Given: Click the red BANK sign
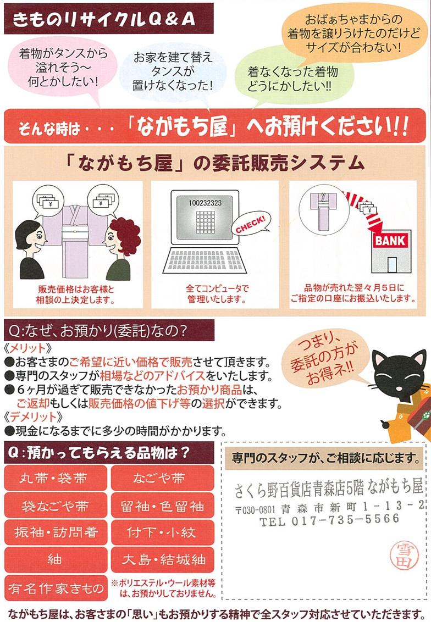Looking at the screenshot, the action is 390,240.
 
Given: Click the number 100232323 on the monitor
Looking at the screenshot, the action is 205,203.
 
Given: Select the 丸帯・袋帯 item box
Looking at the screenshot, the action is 56,478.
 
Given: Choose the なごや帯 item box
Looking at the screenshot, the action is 162,478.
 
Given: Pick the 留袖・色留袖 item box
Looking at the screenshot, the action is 162,506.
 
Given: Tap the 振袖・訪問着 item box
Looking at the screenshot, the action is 56,532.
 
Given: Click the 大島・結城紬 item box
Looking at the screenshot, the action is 162,560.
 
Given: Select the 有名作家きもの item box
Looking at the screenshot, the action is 56,588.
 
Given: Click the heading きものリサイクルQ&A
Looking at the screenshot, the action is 104,19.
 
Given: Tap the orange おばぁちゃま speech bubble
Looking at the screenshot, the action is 353,34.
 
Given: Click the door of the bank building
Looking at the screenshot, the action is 392,264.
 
